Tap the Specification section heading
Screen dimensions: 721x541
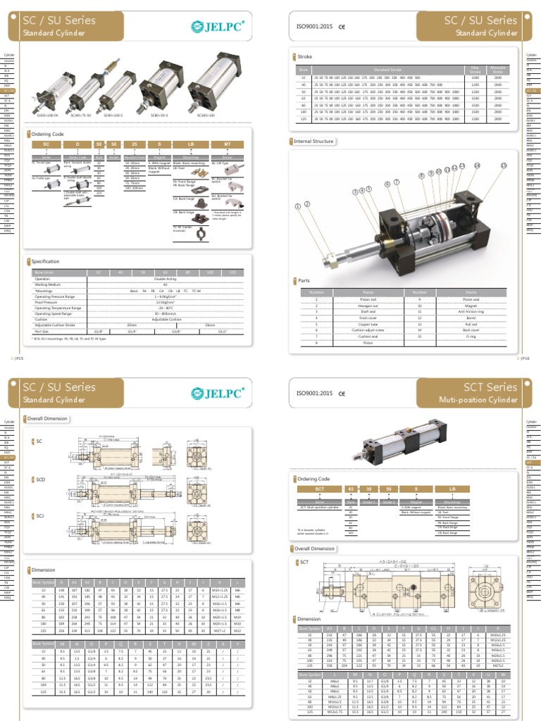(45, 261)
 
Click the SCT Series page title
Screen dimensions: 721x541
(490, 387)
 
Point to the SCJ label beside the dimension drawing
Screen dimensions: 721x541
(39, 516)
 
